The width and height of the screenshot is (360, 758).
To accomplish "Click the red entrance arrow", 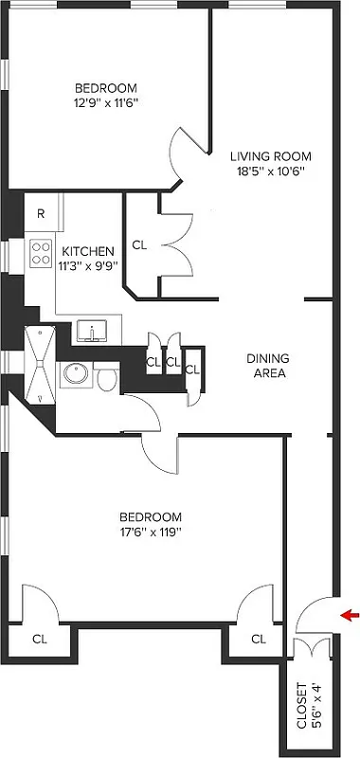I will (351, 616).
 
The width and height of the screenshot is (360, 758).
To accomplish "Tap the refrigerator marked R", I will (41, 213).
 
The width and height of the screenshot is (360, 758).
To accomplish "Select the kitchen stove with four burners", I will (42, 252).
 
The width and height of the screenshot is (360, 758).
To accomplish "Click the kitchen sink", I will (94, 332).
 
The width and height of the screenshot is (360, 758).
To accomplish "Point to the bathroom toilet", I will (107, 379).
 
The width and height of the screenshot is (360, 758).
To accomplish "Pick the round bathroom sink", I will (76, 375).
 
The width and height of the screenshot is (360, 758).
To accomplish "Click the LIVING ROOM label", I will (271, 156).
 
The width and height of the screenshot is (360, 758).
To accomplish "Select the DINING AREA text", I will (267, 366).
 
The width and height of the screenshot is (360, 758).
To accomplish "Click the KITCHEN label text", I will (88, 251).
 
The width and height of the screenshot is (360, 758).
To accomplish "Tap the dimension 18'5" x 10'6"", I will (271, 171).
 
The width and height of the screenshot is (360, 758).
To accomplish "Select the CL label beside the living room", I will (140, 245).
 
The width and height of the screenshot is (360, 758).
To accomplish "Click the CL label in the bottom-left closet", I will (40, 639).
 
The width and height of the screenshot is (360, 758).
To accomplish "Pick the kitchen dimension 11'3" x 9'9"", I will (88, 266).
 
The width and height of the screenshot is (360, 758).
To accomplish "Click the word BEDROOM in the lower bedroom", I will (150, 516).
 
